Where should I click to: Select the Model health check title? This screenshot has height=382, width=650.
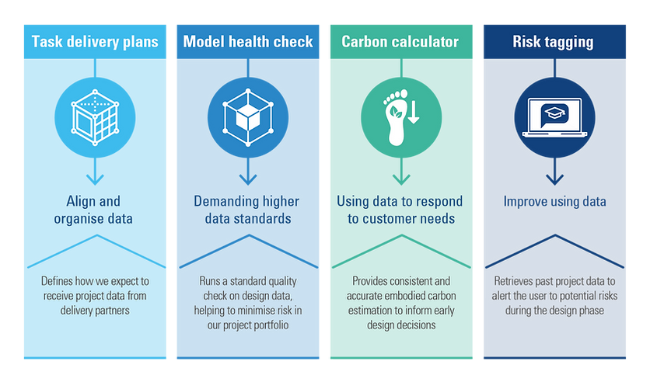pyautogui.click(x=248, y=42)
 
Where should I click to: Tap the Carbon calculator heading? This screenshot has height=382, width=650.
pyautogui.click(x=400, y=42)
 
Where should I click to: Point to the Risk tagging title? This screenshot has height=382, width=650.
pyautogui.click(x=553, y=42)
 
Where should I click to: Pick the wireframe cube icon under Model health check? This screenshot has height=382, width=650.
pyautogui.click(x=248, y=117)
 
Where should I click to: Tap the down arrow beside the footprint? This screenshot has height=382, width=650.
pyautogui.click(x=414, y=113)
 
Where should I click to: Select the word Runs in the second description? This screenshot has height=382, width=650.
pyautogui.click(x=212, y=281)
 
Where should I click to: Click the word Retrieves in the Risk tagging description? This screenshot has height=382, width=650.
pyautogui.click(x=514, y=281)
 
